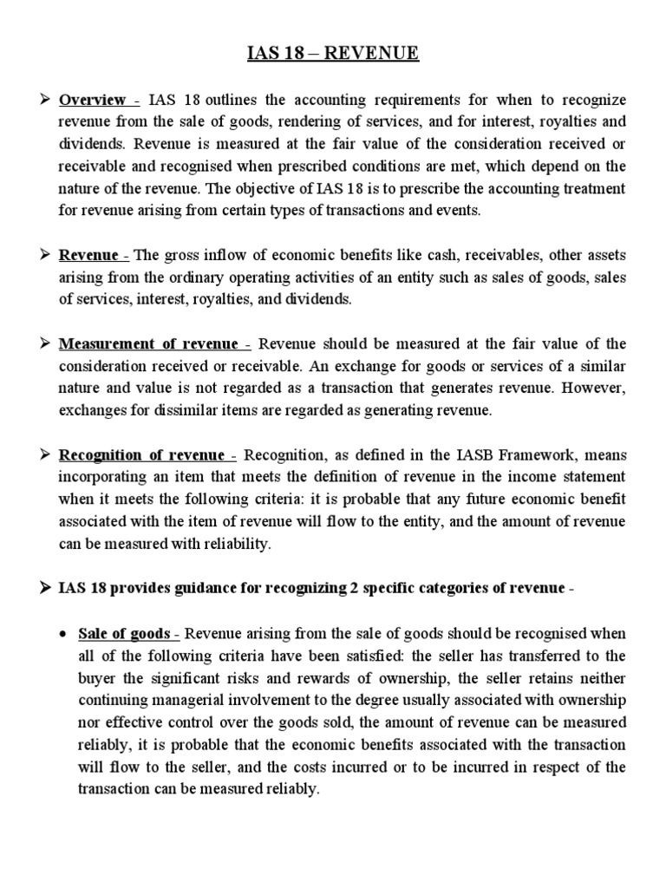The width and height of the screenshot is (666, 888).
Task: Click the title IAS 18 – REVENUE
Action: click(x=333, y=55)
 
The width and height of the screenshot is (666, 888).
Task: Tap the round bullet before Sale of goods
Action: click(x=64, y=633)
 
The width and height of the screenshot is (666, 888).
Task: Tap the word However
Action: click(x=595, y=388)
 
